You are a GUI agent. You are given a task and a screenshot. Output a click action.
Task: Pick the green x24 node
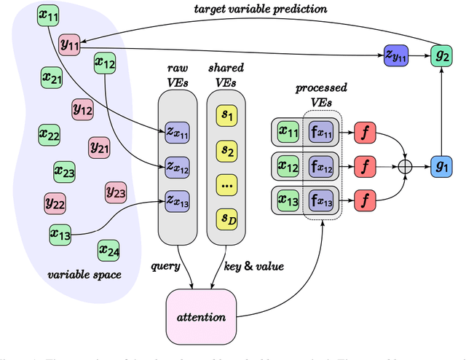[x=109, y=251]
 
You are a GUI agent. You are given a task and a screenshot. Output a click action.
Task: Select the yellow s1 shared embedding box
[x=226, y=115]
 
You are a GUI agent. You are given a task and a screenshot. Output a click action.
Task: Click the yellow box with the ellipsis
[x=226, y=186]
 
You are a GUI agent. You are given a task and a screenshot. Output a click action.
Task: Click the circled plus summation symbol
[x=406, y=167]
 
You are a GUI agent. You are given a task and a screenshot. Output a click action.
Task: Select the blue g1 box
[x=441, y=167]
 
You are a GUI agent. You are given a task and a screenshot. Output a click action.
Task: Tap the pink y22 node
[x=55, y=202]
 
